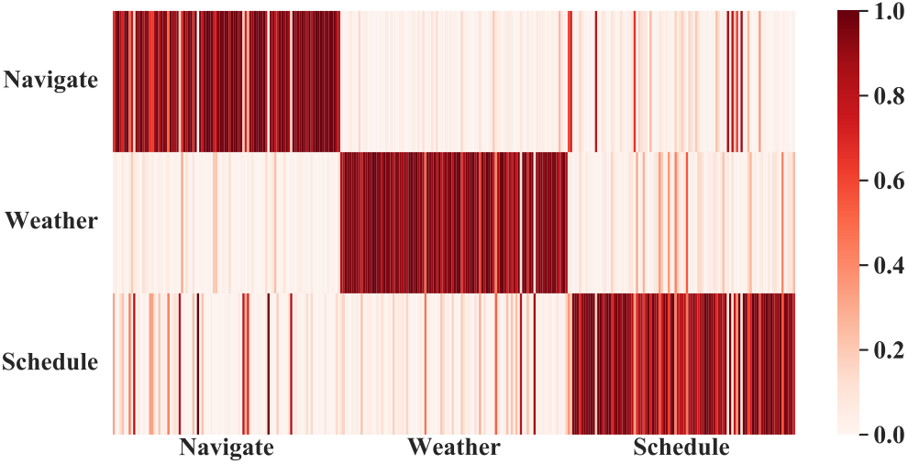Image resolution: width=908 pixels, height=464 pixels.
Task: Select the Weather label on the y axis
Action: [x=51, y=221]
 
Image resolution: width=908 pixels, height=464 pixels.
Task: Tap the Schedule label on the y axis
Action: [x=50, y=362]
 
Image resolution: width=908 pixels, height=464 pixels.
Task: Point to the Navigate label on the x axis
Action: [x=226, y=448]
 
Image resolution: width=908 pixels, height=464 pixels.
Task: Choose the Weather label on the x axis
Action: [x=453, y=447]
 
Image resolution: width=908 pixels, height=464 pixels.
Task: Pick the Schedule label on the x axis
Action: [x=681, y=447]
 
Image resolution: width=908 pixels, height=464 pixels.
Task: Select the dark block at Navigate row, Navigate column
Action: [x=226, y=81]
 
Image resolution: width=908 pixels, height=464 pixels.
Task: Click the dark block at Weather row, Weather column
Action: [x=453, y=223]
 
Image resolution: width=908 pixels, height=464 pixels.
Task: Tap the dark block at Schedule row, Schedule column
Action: [x=681, y=364]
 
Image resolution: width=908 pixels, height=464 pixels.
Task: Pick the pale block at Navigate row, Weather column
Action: [x=453, y=81]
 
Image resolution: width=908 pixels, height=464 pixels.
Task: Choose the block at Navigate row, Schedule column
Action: [x=681, y=81]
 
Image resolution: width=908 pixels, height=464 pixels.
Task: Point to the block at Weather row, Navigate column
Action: [x=226, y=223]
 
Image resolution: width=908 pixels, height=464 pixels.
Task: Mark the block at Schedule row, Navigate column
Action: [x=226, y=364]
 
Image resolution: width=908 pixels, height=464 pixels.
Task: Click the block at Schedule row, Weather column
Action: [x=453, y=364]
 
